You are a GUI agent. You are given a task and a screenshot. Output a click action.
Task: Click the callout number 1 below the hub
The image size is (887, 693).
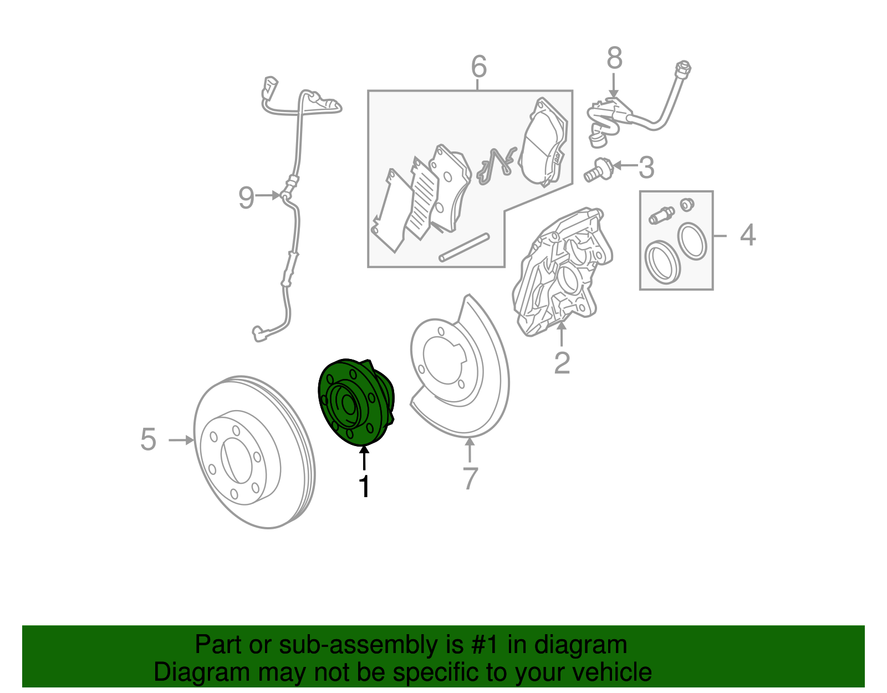click(364, 487)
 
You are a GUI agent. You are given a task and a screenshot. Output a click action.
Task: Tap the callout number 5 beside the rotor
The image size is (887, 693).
click(148, 439)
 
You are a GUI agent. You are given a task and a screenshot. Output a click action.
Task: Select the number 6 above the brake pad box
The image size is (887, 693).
click(478, 67)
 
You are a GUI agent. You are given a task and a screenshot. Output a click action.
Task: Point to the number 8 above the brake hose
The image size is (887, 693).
click(614, 58)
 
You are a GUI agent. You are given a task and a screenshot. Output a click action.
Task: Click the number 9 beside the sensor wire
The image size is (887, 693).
click(246, 197)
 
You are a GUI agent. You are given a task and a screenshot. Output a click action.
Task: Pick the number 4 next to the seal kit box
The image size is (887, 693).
click(747, 235)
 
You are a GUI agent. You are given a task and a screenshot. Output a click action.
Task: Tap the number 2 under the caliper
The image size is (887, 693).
click(562, 363)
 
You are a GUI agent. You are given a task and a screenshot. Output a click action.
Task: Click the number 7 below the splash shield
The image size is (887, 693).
click(470, 478)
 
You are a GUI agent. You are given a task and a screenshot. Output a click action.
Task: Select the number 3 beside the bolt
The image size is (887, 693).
click(646, 167)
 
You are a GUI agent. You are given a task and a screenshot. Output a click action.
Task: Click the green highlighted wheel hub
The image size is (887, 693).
click(355, 402)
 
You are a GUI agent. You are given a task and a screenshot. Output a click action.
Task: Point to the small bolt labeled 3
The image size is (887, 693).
click(598, 170)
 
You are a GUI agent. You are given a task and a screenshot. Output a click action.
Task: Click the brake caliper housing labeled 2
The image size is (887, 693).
click(563, 272)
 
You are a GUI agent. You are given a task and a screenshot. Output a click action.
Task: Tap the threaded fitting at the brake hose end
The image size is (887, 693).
click(682, 68)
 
